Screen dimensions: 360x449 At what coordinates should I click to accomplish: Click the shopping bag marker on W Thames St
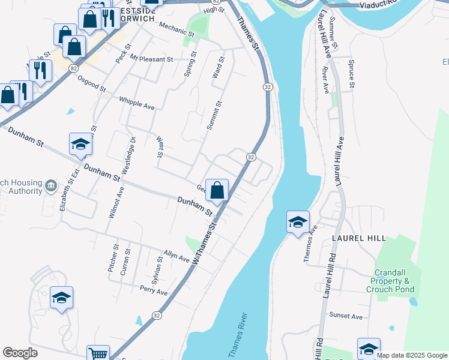tap(217, 190)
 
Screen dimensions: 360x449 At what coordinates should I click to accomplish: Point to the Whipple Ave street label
tap(137, 103)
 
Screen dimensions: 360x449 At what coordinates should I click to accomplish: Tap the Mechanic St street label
tap(176, 30)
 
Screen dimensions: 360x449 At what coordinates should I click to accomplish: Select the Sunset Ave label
tap(346, 316)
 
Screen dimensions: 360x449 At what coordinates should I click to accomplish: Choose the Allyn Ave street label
tap(177, 257)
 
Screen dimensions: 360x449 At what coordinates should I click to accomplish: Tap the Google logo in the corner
tap(20, 353)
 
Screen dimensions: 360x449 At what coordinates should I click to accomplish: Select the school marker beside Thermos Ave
tap(298, 222)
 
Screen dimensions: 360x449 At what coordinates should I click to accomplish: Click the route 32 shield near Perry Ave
tap(157, 315)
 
